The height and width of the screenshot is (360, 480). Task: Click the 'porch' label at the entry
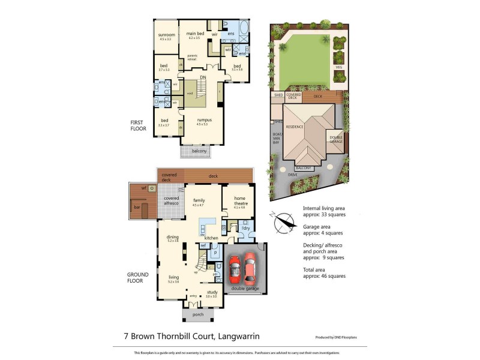click(x=198, y=314)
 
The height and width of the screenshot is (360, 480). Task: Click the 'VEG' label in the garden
click(x=338, y=67)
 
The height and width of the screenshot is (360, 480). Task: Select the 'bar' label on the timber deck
click(x=137, y=208)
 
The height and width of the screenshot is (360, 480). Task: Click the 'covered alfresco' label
click(x=172, y=200)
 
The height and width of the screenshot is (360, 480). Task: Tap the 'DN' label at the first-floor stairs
click(x=203, y=77)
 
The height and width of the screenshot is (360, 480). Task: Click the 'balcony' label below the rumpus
click(x=199, y=151)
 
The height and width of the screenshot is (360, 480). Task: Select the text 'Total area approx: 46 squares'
click(x=325, y=272)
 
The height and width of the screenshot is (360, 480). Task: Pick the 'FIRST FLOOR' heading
click(x=138, y=125)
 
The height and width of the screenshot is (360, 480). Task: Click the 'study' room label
click(x=211, y=293)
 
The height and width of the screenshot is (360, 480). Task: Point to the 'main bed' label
click(x=195, y=34)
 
